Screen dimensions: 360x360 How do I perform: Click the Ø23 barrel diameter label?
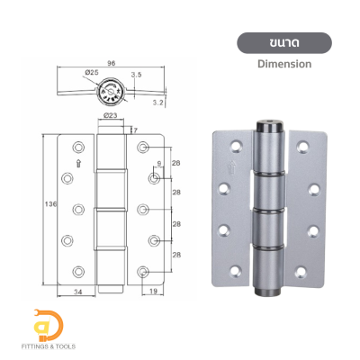point(109,115)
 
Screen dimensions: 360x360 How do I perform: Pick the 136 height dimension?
point(51,204)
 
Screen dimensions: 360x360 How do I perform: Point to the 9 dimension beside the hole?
point(159,163)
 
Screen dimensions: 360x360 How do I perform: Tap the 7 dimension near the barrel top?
point(136,130)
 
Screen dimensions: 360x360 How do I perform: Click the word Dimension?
point(283,64)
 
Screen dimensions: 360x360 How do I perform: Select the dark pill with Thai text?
point(283,42)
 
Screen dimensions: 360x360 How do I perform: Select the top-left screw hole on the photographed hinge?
point(237,143)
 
